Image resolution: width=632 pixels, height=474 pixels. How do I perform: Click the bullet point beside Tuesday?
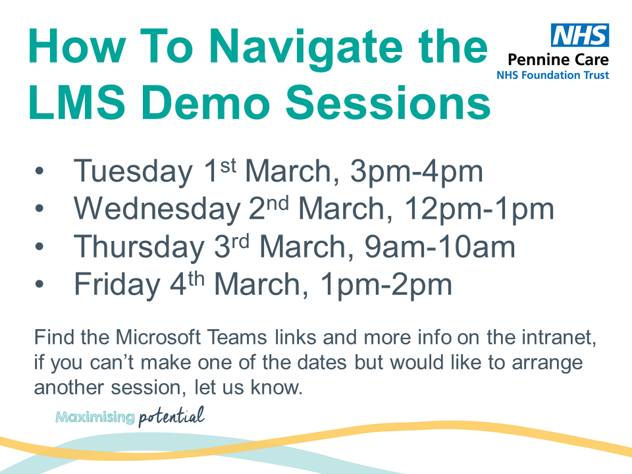(x=40, y=173)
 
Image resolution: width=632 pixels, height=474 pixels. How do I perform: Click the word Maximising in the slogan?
(x=95, y=417)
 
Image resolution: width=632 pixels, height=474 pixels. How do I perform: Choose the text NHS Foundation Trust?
(x=552, y=75)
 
